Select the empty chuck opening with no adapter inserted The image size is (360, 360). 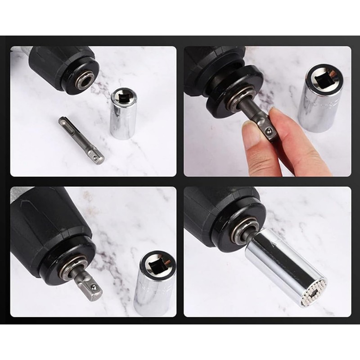84,81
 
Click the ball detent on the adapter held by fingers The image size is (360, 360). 269,131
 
